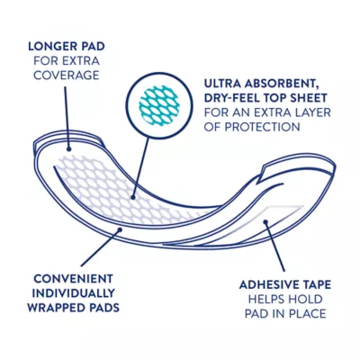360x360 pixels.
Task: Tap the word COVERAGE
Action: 66,75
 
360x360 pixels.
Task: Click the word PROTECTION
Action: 262,127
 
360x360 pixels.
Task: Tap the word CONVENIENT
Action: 73,279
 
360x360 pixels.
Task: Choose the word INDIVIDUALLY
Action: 73,293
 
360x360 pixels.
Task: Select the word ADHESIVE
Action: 268,284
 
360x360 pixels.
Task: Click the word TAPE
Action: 316,284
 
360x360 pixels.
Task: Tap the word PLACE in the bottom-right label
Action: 307,313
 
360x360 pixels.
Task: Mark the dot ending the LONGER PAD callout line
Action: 69,148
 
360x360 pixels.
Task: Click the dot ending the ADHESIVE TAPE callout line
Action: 265,221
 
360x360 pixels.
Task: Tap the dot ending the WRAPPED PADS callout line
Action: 120,230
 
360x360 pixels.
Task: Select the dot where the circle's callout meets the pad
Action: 132,197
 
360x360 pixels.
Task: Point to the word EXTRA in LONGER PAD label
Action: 82,61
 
